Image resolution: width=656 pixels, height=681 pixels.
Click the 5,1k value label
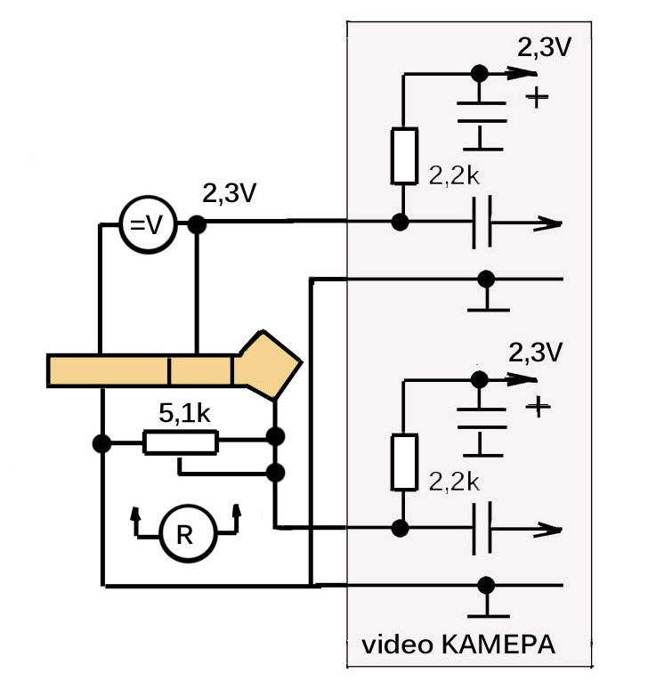pyautogui.click(x=184, y=413)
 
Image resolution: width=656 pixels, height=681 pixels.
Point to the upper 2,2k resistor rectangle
pyautogui.click(x=405, y=156)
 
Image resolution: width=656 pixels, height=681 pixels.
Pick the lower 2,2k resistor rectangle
pyautogui.click(x=405, y=462)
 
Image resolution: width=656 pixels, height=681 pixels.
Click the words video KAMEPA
pyautogui.click(x=458, y=645)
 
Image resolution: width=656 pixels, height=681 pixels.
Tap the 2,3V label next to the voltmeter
pyautogui.click(x=230, y=194)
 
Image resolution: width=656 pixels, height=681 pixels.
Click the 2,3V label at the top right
pyautogui.click(x=544, y=47)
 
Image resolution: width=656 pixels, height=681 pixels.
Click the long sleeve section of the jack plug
pyautogui.click(x=108, y=370)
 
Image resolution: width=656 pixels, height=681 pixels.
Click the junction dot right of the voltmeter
pyautogui.click(x=197, y=224)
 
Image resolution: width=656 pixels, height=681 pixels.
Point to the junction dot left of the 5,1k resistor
pyautogui.click(x=102, y=443)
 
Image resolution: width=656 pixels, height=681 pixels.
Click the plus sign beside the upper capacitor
pyautogui.click(x=537, y=96)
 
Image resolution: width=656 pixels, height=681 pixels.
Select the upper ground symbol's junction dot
pyautogui.click(x=486, y=279)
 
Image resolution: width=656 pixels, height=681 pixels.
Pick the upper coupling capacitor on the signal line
pyautogui.click(x=482, y=223)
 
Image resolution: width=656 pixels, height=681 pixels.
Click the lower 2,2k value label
pyautogui.click(x=454, y=482)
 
